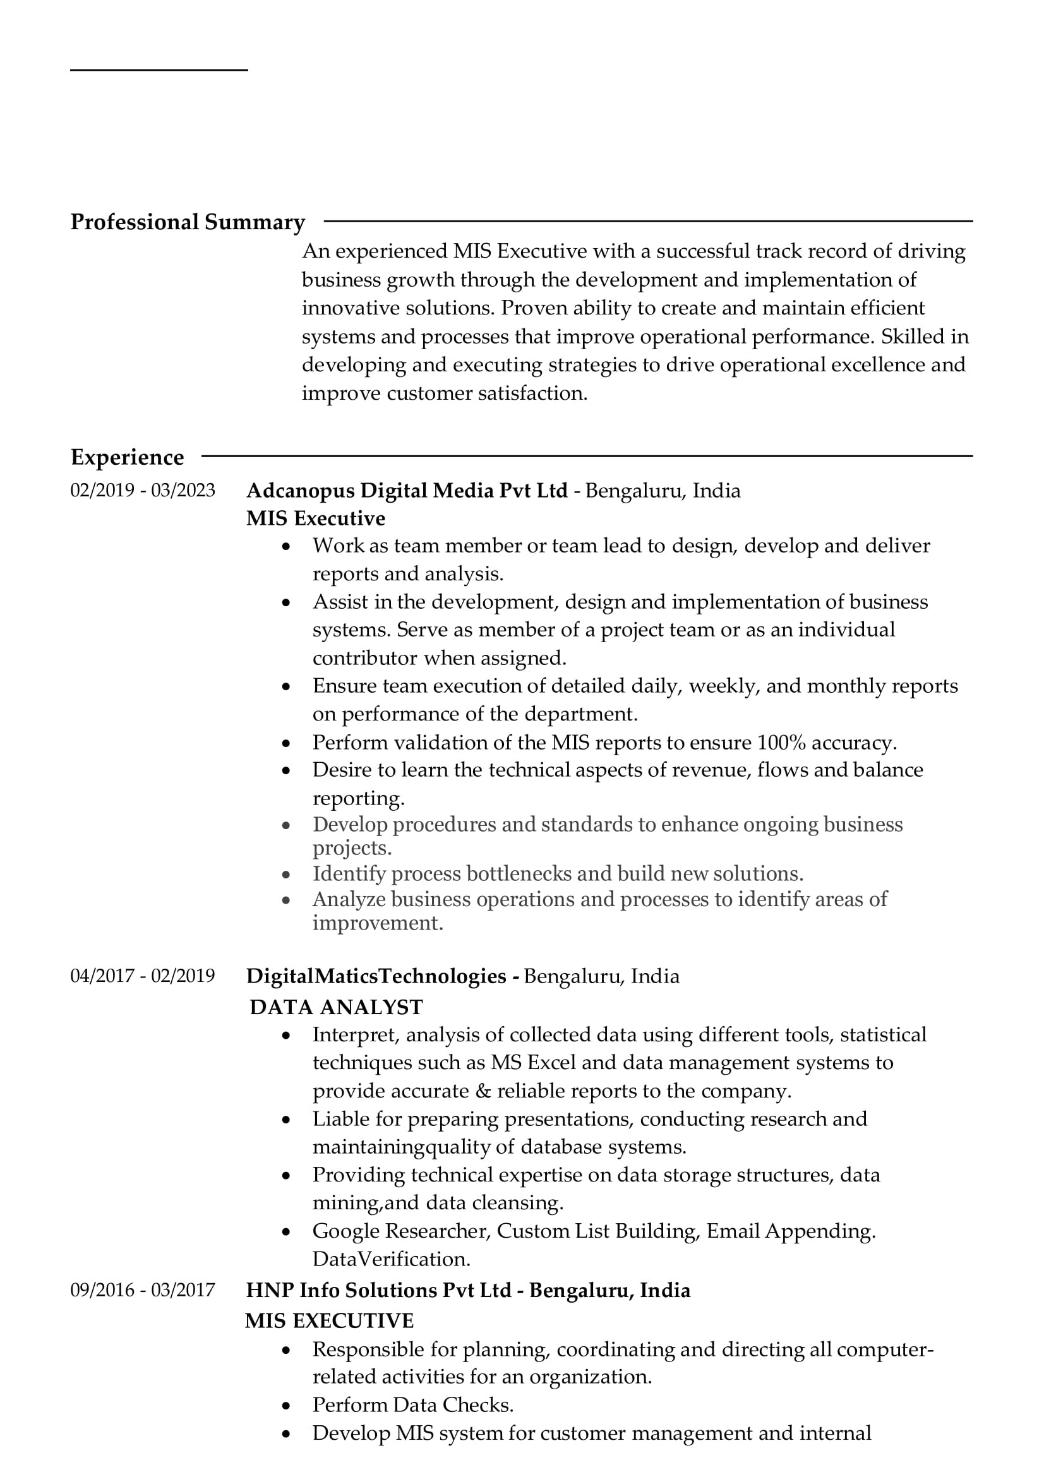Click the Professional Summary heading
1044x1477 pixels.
point(187,222)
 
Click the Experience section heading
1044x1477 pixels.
point(128,457)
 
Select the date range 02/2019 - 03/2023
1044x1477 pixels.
point(143,491)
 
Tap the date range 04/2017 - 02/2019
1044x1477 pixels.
point(143,976)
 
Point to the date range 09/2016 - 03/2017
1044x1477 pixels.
point(143,1290)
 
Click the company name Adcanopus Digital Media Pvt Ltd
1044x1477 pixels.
point(407,491)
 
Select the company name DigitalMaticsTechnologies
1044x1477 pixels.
point(376,976)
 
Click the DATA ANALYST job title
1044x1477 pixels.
point(337,1007)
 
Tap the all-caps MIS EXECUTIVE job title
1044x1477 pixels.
point(329,1320)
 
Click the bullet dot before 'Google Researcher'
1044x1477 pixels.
point(286,1232)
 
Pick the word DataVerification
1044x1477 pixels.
point(391,1259)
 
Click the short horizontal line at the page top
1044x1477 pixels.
point(159,70)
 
